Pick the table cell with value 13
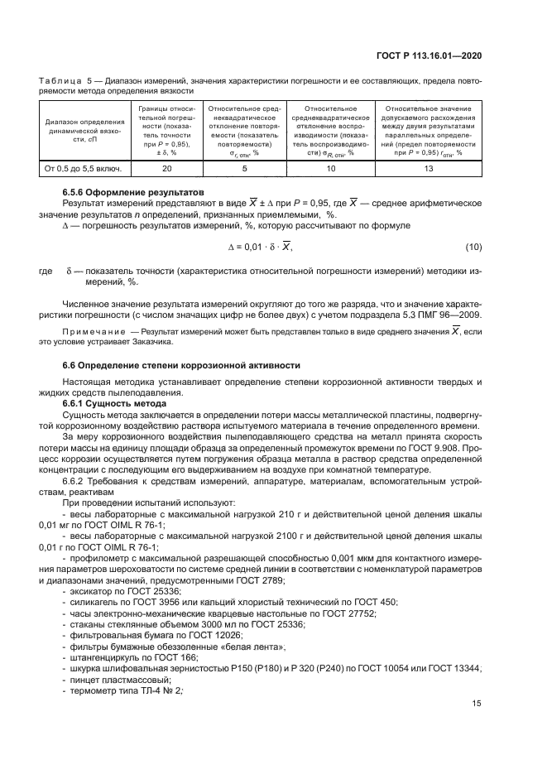(428, 169)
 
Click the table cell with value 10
(330, 169)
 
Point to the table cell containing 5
(243, 169)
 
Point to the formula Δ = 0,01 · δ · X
(260, 247)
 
